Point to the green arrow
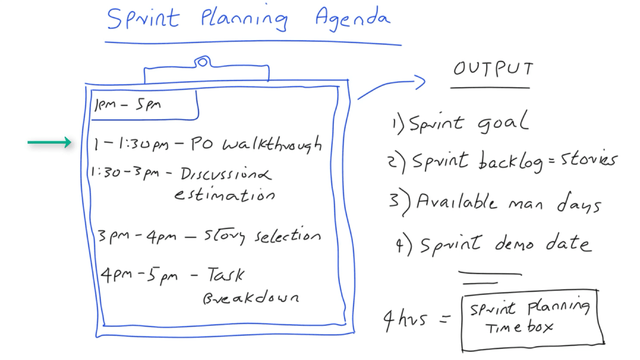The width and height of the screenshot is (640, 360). click(49, 142)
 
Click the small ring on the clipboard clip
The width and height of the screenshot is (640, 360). click(202, 62)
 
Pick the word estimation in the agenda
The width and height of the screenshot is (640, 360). click(225, 195)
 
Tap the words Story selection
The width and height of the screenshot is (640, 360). click(262, 236)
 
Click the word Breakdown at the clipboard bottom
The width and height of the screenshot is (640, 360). click(251, 297)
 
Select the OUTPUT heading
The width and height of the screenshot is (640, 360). click(493, 69)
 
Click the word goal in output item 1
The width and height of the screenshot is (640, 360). click(503, 122)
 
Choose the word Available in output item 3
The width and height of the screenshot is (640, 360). click(456, 201)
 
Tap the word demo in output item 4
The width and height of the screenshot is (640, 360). click(514, 244)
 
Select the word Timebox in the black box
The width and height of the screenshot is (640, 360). click(520, 327)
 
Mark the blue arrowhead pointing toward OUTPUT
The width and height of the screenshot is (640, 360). click(420, 82)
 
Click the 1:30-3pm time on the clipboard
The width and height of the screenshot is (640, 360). click(124, 172)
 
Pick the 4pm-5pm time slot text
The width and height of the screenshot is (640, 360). click(139, 275)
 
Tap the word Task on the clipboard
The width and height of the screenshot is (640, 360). click(226, 275)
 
